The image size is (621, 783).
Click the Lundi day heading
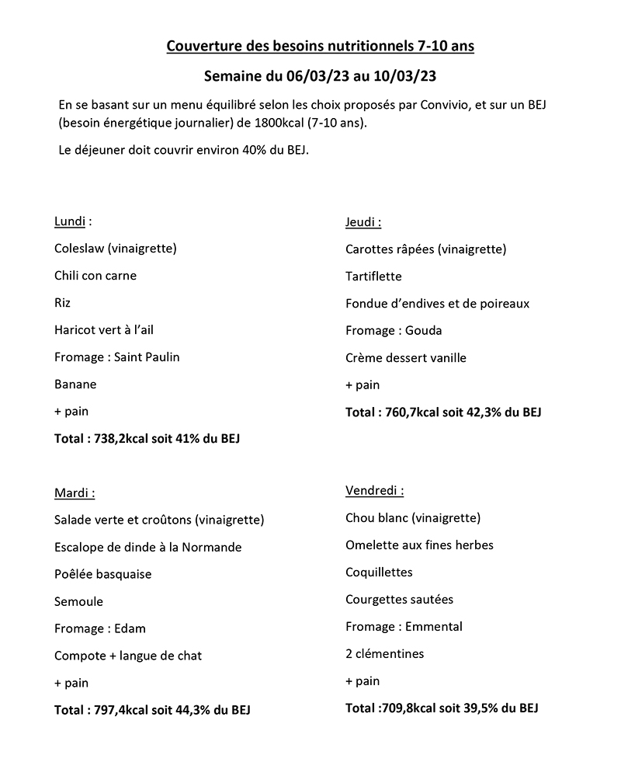70,221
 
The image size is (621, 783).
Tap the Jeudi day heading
363,222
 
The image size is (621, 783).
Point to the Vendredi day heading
374,491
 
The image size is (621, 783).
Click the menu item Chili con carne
95,276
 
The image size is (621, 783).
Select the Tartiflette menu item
373,277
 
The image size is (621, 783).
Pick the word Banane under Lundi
75,385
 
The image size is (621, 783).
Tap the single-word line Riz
62,303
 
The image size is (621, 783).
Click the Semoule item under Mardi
78,601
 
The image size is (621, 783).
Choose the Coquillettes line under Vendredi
379,572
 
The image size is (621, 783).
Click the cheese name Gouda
424,331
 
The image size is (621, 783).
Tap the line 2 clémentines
385,654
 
